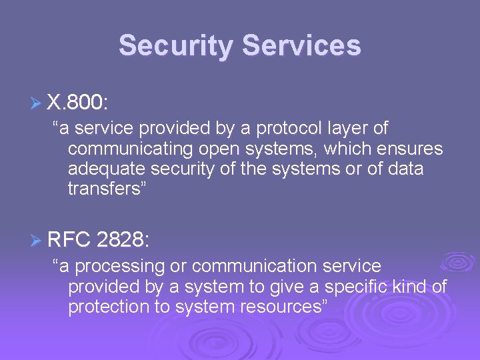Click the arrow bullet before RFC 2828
coord(37,240)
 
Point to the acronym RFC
coord(69,239)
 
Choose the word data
coord(402,169)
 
